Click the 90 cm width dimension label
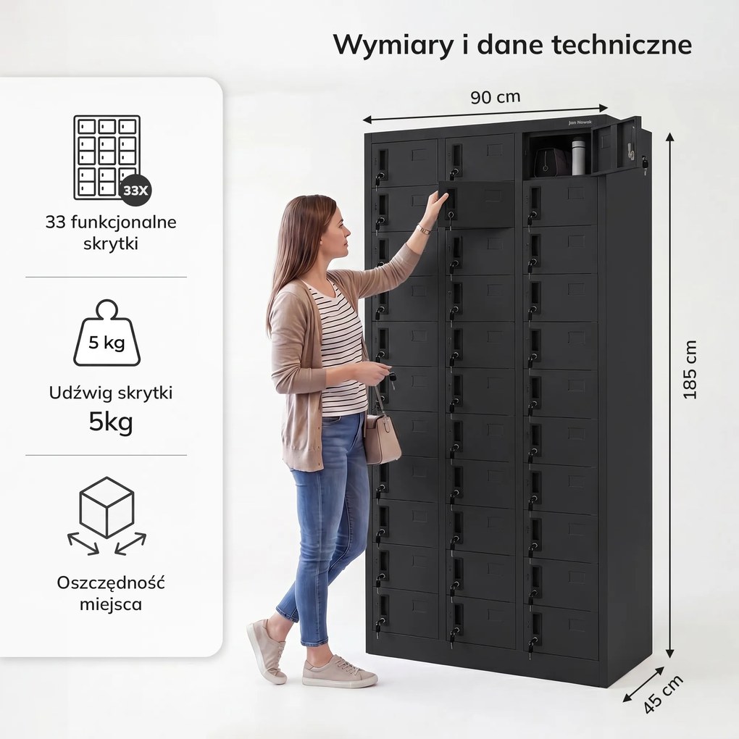(x=496, y=96)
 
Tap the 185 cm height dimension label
(x=690, y=369)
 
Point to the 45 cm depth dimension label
(x=663, y=694)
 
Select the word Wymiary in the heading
(x=393, y=46)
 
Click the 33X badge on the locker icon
(x=135, y=191)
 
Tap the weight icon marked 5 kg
(x=107, y=333)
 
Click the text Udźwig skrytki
(x=111, y=393)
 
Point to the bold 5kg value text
(x=111, y=422)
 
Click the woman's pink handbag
(x=382, y=438)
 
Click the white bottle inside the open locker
(x=578, y=156)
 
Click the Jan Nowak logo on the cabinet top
(x=580, y=122)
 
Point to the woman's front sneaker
(x=339, y=671)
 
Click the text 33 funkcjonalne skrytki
(x=111, y=233)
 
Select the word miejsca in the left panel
(x=111, y=604)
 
